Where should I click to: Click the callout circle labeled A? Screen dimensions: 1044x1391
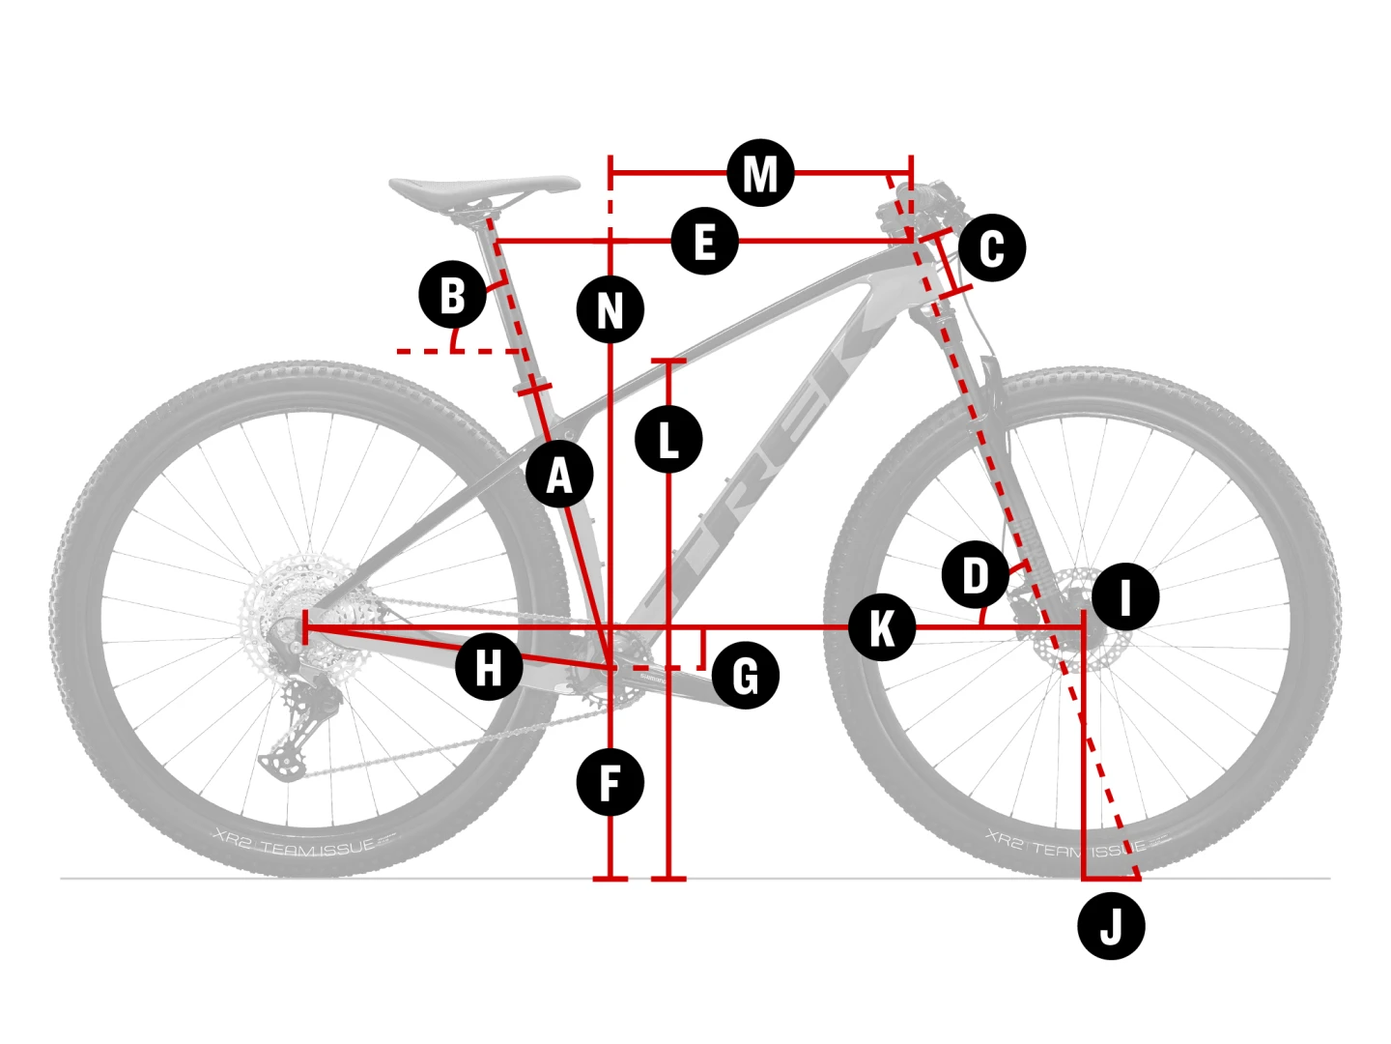(x=560, y=475)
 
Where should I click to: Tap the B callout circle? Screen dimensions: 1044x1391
(x=452, y=295)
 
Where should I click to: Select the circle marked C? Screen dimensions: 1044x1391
(x=992, y=247)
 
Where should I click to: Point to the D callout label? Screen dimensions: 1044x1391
(x=976, y=575)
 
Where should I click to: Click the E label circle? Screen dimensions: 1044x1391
(x=705, y=241)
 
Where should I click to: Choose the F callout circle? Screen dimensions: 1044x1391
(x=610, y=782)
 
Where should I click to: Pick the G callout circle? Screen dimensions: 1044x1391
(x=746, y=675)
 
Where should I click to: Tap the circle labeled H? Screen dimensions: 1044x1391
(x=489, y=666)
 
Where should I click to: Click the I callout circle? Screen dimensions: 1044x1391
(x=1125, y=596)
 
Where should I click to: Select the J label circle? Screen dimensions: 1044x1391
(x=1111, y=926)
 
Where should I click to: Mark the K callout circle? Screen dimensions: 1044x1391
(x=882, y=627)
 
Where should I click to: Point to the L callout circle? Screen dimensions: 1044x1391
(x=668, y=440)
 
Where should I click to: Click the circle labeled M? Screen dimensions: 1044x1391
(x=761, y=173)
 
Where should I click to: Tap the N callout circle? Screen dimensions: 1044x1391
(x=610, y=310)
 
